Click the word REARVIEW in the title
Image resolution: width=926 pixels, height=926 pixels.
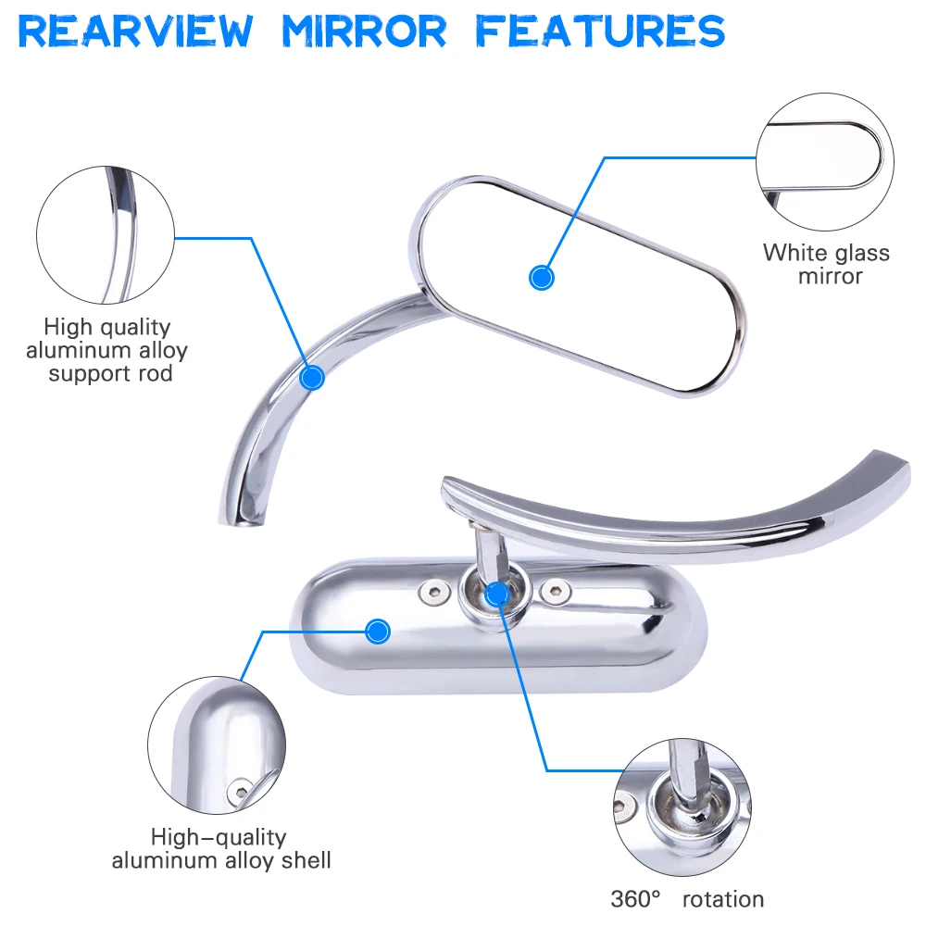pyautogui.click(x=135, y=31)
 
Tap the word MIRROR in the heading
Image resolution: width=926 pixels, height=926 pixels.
pyautogui.click(x=363, y=31)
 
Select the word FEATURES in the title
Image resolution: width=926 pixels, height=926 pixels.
pyautogui.click(x=599, y=31)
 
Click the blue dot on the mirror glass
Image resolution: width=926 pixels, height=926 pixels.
pyautogui.click(x=541, y=277)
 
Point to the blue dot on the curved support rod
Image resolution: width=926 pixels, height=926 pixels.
pyautogui.click(x=313, y=377)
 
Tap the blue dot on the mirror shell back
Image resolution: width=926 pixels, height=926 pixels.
pyautogui.click(x=376, y=632)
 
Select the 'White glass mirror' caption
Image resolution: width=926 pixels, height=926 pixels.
pyautogui.click(x=826, y=264)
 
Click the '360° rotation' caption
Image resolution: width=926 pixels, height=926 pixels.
pyautogui.click(x=687, y=898)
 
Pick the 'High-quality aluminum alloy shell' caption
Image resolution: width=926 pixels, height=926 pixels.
pyautogui.click(x=221, y=849)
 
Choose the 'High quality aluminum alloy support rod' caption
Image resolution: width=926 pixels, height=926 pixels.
pyautogui.click(x=106, y=350)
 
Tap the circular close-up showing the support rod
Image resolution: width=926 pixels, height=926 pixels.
pyautogui.click(x=106, y=235)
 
